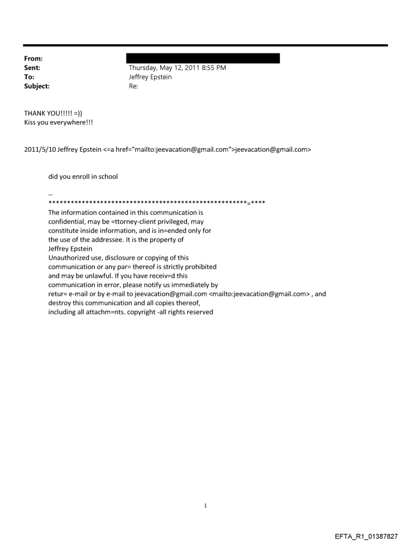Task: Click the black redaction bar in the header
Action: click(203, 58)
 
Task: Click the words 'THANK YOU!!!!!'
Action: click(47, 113)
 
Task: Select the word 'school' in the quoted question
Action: click(107, 177)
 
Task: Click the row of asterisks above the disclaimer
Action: click(157, 203)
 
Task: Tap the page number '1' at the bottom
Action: click(205, 505)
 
